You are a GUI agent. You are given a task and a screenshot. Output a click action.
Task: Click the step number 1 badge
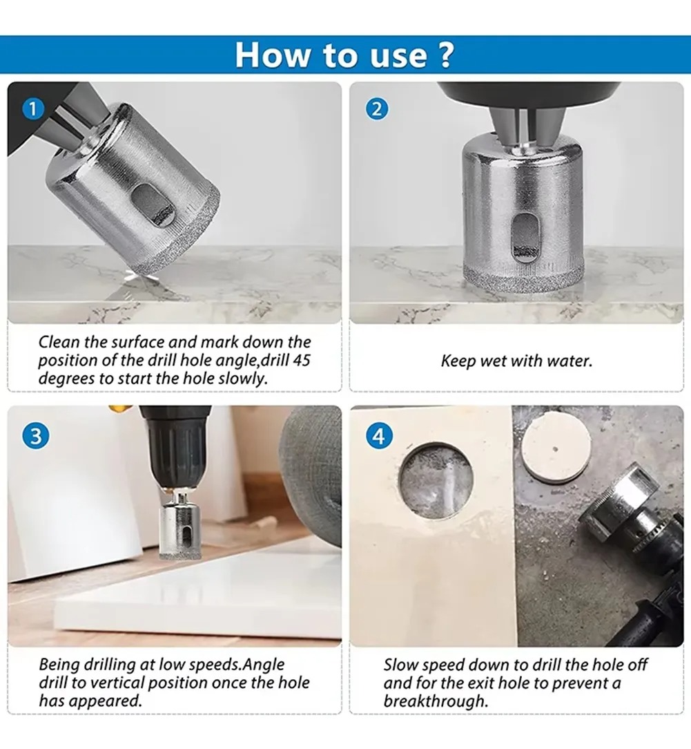(33, 109)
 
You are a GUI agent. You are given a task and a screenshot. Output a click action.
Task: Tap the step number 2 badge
(376, 109)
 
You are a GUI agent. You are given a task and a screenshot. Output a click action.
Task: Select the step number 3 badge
(36, 437)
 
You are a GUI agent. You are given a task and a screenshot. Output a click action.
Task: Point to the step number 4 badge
(379, 437)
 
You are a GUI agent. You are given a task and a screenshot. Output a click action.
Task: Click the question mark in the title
(445, 55)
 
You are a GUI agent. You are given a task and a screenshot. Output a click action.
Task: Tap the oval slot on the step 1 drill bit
(153, 205)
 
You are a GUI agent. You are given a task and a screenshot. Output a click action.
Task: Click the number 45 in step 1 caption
(302, 360)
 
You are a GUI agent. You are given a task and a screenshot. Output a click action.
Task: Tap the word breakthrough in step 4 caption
(436, 701)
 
